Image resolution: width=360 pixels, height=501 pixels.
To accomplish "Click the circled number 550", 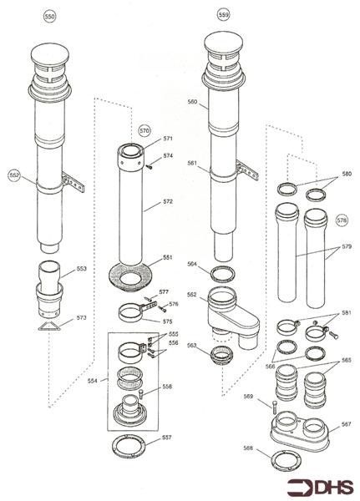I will coord(49,17).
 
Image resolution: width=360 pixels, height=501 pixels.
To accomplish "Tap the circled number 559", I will coord(222,15).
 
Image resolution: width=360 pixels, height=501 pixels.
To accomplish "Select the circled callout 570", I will coord(145,131).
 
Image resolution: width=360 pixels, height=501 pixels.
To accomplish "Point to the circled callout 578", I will coord(341,220).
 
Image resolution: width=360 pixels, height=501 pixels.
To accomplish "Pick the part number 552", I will coord(14,175).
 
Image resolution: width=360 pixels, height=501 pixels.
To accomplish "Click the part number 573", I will coord(80,318).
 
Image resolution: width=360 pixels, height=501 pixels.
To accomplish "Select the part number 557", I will coord(167,438).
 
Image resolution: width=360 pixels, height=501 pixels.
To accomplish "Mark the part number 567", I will coord(346,424).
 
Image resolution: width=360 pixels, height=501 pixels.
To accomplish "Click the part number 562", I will coord(191,294).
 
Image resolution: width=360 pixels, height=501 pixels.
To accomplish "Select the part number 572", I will coord(168,202).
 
